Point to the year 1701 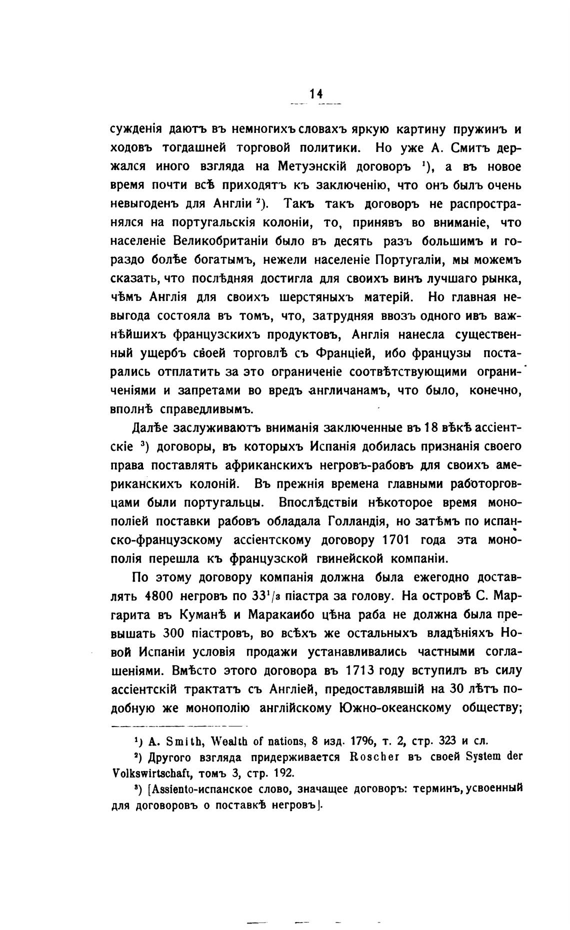(395, 540)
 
